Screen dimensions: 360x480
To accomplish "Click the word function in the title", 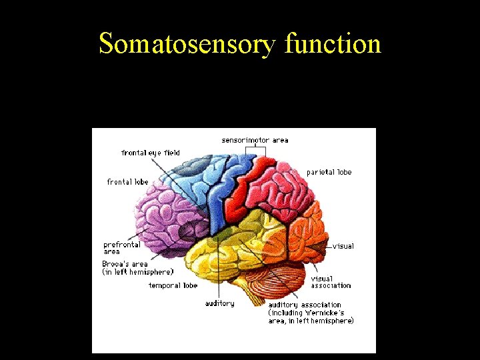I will tap(332, 44).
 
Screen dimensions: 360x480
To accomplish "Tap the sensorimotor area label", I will tap(255, 140).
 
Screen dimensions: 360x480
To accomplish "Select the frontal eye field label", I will tap(151, 153).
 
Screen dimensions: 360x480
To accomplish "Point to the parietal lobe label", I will tap(329, 172).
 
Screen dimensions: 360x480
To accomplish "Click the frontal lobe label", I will tap(127, 182).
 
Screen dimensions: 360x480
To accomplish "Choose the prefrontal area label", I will tap(121, 248).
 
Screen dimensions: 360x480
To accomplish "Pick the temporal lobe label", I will tap(173, 286).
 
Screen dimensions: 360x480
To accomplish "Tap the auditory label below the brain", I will tap(219, 304).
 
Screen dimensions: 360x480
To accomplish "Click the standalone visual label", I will tap(343, 246).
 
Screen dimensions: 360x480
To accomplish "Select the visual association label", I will tap(331, 282).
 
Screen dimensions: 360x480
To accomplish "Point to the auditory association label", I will tap(305, 305).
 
